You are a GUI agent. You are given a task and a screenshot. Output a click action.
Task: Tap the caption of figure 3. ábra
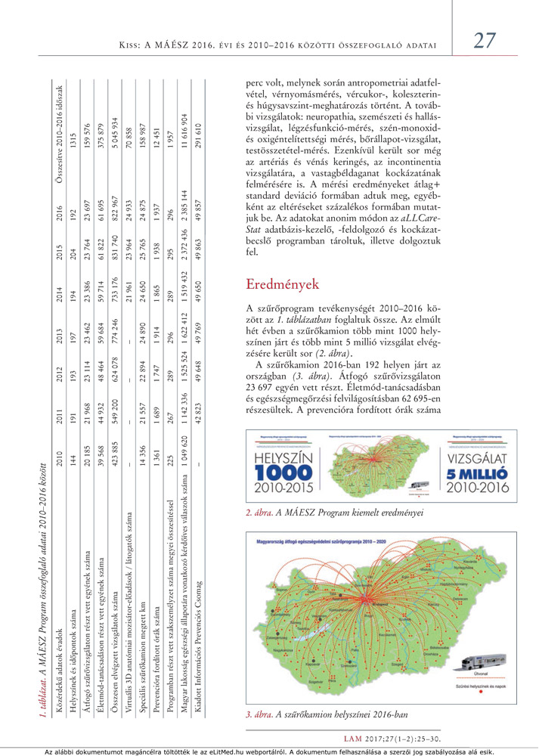(326, 714)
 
